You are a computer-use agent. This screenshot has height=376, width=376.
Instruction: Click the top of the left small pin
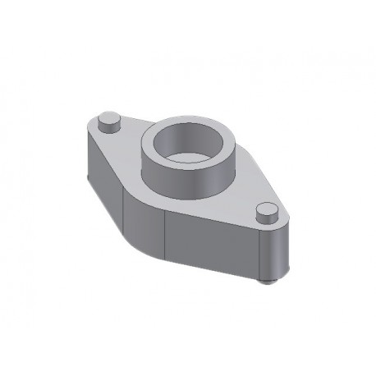pos(108,118)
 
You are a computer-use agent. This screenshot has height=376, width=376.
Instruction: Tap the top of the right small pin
pos(265,210)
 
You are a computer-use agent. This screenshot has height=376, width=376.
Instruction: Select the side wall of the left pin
pos(107,127)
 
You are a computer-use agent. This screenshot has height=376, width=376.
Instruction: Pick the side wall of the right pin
pos(264,219)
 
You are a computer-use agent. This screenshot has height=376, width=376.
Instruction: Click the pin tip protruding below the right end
pos(265,282)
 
